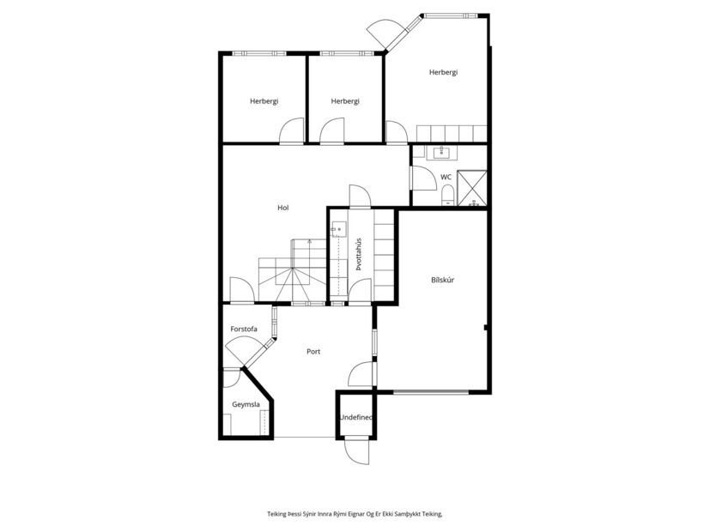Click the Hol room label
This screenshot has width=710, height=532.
point(283,208)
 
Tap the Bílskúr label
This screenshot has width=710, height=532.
point(442,280)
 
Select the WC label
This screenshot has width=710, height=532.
point(446,177)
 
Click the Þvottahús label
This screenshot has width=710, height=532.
point(359,254)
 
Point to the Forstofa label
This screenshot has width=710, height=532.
point(244,329)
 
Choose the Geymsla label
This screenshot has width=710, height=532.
point(246,404)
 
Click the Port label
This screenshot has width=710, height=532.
point(313,352)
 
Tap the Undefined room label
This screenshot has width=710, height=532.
point(356,418)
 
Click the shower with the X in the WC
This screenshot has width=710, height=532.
point(472,188)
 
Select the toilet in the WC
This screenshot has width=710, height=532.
point(447,195)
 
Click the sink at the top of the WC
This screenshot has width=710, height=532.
point(441,153)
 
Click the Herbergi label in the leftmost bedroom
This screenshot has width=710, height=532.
point(264,101)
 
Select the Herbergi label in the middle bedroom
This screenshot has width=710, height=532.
point(345,101)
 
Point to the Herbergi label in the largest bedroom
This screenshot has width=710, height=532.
point(443,72)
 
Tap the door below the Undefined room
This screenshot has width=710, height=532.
point(356,451)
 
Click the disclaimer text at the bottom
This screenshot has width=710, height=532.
point(355,514)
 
